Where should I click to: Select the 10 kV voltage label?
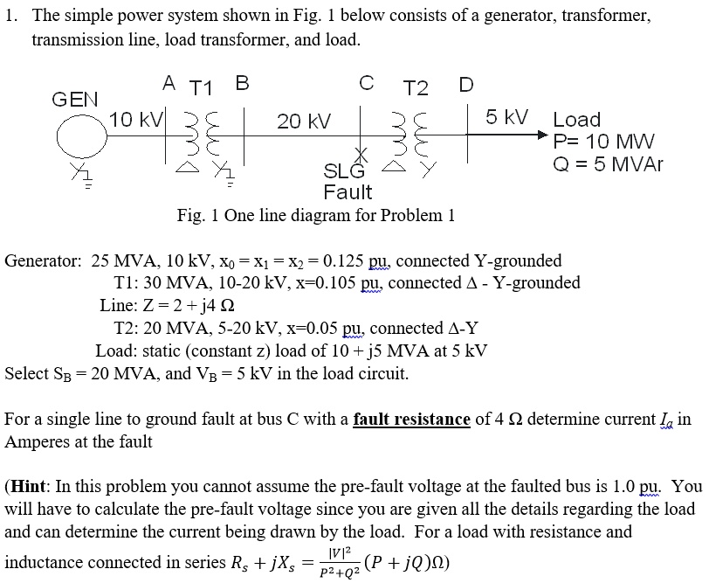pos(134,120)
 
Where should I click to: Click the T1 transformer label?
pos(202,87)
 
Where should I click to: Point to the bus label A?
pos(169,83)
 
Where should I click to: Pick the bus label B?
pos(242,84)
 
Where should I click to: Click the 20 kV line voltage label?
pos(304,121)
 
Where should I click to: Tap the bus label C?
pos(367,84)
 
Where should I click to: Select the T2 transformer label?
pos(416,88)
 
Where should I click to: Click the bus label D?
pos(466,85)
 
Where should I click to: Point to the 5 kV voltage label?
pos(506,117)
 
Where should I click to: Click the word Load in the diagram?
pos(577,120)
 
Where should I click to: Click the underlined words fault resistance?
pos(411,420)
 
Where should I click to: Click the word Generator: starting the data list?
pos(44,260)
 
